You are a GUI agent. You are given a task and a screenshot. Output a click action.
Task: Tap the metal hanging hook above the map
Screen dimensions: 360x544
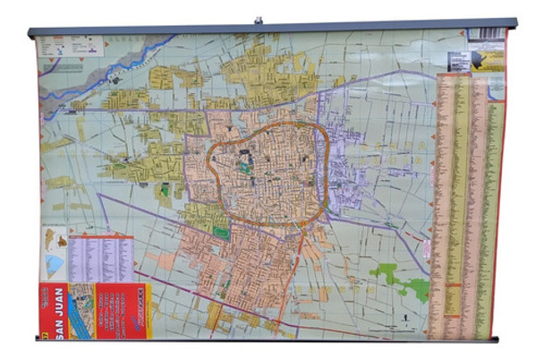[257, 20]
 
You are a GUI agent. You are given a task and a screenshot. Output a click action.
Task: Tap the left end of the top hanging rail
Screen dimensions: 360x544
[34, 32]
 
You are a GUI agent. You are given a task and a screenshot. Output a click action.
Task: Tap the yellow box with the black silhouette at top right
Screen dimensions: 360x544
[489, 61]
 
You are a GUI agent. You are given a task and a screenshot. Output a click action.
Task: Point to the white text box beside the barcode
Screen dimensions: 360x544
[457, 61]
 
